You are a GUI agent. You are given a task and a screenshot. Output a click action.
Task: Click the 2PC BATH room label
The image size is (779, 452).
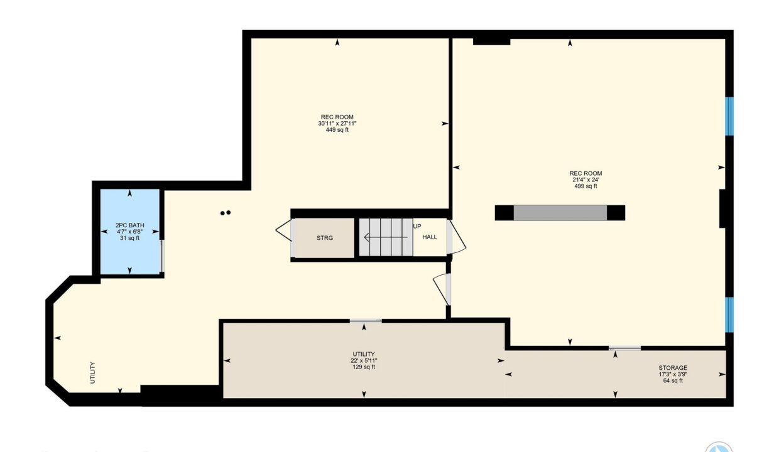(x=129, y=225)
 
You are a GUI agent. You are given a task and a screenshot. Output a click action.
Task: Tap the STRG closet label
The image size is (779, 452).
(x=325, y=238)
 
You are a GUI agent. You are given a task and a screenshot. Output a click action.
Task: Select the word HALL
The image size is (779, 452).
(x=430, y=237)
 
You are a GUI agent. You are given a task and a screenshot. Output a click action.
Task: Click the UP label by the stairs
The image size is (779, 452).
(x=417, y=226)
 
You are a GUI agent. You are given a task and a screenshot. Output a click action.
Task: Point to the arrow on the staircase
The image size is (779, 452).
(x=386, y=237)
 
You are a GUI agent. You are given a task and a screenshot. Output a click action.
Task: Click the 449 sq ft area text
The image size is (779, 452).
(x=337, y=130)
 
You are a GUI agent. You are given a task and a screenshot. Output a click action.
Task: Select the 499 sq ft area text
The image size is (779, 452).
(x=586, y=186)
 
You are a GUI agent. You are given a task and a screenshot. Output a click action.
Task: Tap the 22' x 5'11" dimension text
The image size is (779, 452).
(x=364, y=360)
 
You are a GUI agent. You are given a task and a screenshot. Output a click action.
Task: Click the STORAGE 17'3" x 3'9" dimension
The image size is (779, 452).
(x=673, y=374)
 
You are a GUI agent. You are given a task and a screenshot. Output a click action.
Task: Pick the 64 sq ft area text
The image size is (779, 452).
(x=673, y=380)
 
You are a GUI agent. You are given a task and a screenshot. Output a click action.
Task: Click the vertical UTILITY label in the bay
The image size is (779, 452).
(x=92, y=373)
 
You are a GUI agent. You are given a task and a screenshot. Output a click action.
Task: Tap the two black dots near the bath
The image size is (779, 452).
(x=226, y=213)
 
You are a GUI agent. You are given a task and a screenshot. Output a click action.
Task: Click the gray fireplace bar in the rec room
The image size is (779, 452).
(x=560, y=213)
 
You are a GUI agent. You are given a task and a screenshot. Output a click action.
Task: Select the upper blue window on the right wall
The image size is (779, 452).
(x=729, y=116)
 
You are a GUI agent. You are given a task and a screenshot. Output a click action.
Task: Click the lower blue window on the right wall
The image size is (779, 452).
(x=729, y=315)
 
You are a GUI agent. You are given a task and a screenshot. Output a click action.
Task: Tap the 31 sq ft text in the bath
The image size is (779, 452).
(x=129, y=238)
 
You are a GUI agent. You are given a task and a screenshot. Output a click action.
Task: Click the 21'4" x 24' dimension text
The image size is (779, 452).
(x=586, y=180)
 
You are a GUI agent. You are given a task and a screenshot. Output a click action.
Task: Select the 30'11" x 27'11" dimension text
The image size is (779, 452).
(x=337, y=123)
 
